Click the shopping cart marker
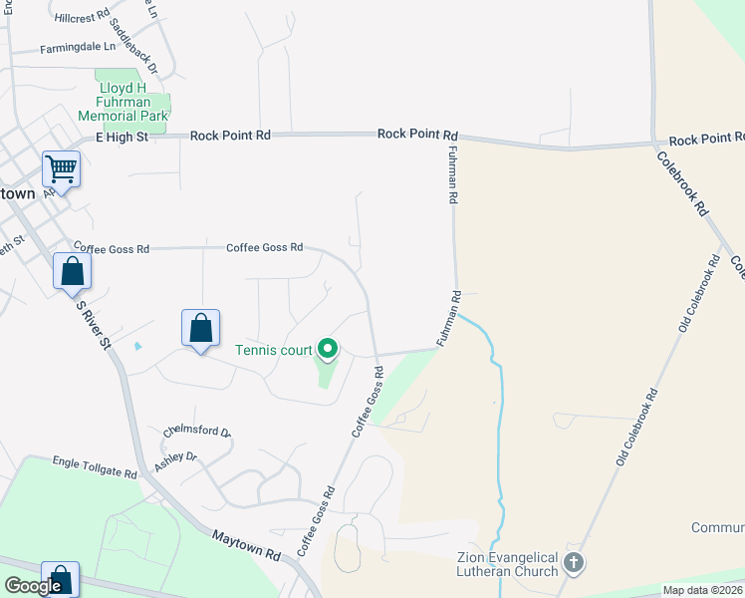pyautogui.click(x=61, y=170)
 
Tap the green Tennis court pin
pyautogui.click(x=328, y=349)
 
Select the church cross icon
pyautogui.click(x=573, y=563)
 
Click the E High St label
pyautogui.click(x=122, y=137)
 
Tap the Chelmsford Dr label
pyautogui.click(x=197, y=434)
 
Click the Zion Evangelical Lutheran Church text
pyautogui.click(x=508, y=564)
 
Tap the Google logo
pyautogui.click(x=33, y=586)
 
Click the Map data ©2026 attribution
pyautogui.click(x=702, y=590)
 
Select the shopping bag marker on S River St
pyautogui.click(x=72, y=271)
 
